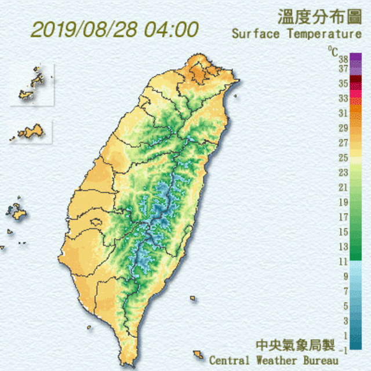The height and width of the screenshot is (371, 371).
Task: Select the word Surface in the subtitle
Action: [255, 34]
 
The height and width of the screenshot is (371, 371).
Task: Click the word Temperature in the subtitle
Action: [325, 34]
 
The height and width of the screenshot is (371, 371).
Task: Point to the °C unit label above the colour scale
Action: [332, 50]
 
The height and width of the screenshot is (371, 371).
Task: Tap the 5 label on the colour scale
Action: [345, 306]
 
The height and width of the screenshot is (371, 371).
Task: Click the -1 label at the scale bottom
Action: [343, 350]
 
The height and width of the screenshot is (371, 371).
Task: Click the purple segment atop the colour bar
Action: [355, 58]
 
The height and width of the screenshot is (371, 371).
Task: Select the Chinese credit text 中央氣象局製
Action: [296, 345]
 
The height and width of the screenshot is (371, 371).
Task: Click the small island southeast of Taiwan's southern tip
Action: [198, 354]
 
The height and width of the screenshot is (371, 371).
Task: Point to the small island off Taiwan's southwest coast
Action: [89, 328]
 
